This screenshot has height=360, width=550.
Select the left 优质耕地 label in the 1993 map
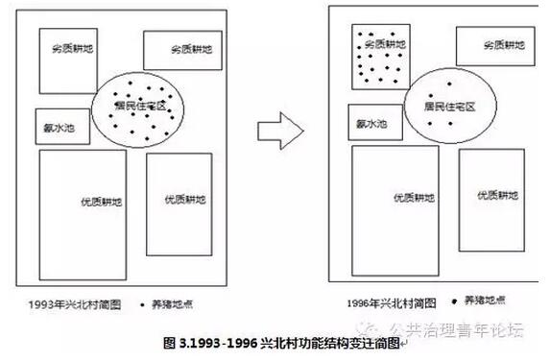tap(103, 203)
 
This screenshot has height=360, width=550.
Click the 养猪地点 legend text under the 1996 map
tap(484, 300)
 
